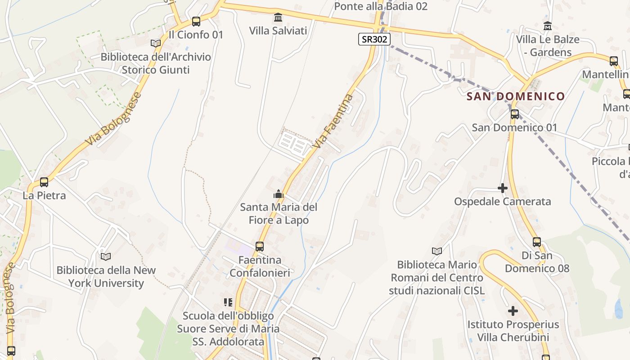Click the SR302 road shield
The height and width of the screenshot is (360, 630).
point(373,39)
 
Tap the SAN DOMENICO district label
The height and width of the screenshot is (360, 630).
point(515,96)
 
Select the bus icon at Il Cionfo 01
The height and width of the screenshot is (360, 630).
point(196,21)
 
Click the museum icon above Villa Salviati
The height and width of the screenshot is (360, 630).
point(278,18)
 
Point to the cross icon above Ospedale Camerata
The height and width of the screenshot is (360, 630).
point(503,188)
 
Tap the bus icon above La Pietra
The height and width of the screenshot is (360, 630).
point(44,182)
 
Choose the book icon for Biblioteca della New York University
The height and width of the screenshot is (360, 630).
point(106,256)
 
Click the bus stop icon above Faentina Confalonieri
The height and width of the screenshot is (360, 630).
point(260,247)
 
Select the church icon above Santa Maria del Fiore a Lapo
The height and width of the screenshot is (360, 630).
point(279,194)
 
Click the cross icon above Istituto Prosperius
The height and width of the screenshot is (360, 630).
point(513,311)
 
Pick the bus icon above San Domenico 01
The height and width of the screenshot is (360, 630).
point(515,114)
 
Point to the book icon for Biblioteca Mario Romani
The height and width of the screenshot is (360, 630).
point(436,251)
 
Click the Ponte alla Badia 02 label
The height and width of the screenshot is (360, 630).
point(381,6)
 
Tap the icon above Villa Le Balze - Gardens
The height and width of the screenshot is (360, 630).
point(548,26)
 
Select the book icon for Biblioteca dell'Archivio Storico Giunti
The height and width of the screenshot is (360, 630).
point(156,44)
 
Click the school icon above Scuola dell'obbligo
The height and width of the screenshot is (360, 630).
point(228,302)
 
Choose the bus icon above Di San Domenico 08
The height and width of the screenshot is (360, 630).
point(537,242)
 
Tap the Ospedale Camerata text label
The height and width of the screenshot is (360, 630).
point(502,201)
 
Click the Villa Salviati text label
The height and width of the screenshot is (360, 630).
point(278,31)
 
